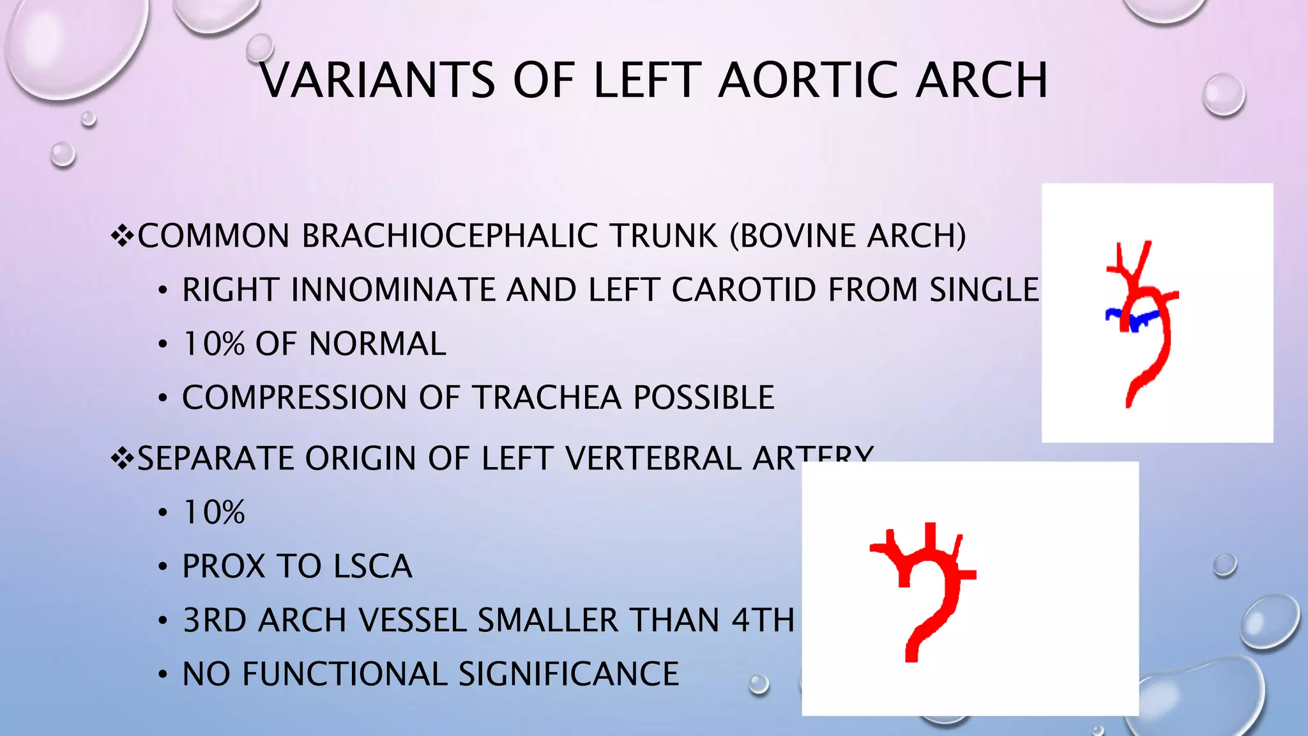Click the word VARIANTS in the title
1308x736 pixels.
pos(377,80)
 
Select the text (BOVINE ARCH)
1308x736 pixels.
pos(848,236)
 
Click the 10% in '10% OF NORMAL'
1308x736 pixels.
pos(213,344)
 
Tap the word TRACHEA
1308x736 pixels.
pos(547,397)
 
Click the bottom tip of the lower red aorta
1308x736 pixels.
pos(911,658)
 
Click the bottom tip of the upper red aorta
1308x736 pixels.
pos(1129,404)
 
